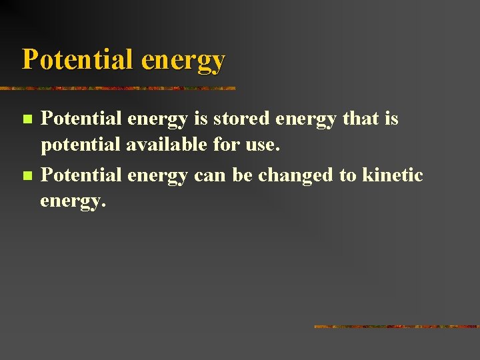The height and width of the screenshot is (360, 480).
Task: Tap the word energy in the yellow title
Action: point(183,61)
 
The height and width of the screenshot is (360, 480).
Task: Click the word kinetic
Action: point(393,175)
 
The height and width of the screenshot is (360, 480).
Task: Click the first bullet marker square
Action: point(27,119)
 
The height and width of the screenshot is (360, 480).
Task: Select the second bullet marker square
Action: point(27,176)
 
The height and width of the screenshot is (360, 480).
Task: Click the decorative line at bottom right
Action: point(396,327)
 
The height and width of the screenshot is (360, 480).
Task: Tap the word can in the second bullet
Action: point(211,175)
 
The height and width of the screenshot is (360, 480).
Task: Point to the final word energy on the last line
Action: point(73,202)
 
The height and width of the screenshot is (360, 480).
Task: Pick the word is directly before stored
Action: point(201,119)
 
